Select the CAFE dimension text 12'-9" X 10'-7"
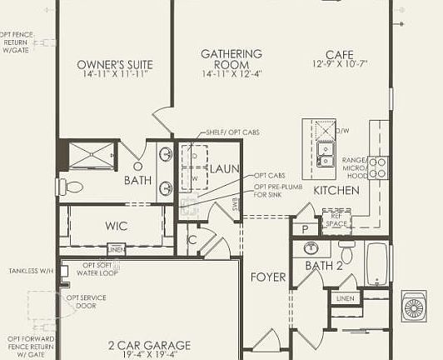click(340, 64)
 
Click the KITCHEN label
click(336, 191)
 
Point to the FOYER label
click(268, 277)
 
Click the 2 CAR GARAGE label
click(149, 345)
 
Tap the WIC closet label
click(117, 226)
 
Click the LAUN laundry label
click(224, 169)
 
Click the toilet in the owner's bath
click(72, 187)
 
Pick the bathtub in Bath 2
click(378, 264)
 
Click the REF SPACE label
click(336, 220)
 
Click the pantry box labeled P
click(305, 228)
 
